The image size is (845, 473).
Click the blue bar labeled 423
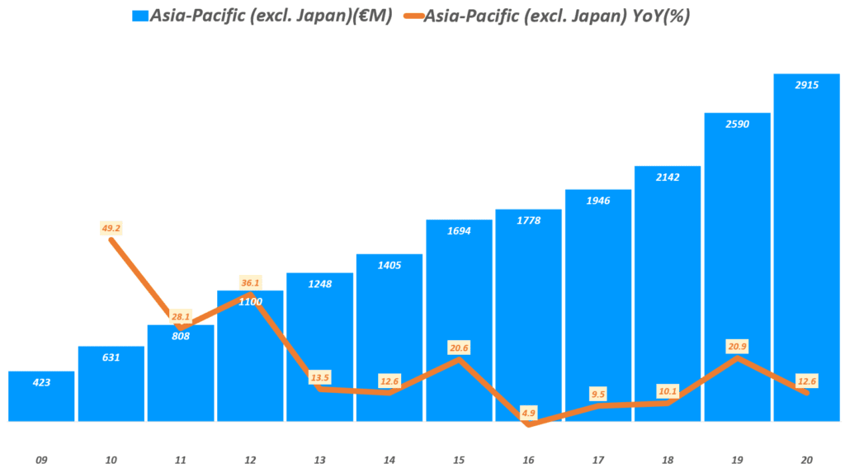[41, 396]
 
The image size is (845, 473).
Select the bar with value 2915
[806, 248]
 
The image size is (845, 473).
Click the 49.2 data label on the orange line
[111, 227]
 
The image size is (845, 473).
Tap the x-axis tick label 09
[41, 460]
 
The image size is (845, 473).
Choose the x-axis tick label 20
[806, 460]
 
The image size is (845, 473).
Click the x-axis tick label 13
[319, 460]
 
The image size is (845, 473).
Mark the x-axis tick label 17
[597, 460]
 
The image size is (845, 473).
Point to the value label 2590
[737, 123]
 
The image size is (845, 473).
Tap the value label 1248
[319, 283]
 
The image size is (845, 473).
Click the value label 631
[111, 357]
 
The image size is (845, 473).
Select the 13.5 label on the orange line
[319, 378]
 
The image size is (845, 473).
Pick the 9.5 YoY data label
[597, 394]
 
